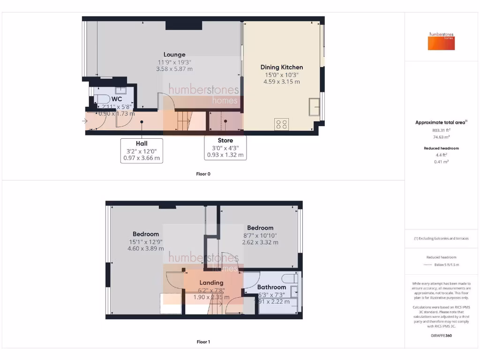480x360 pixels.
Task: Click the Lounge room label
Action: (174, 54)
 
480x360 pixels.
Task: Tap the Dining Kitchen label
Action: (282, 67)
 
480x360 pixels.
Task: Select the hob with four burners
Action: (282, 124)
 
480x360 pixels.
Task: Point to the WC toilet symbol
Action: (102, 99)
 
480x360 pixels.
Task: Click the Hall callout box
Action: (142, 150)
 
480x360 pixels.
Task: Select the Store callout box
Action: (225, 147)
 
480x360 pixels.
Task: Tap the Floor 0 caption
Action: (203, 174)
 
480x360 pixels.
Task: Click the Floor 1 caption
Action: (203, 342)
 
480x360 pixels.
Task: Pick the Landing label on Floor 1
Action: (211, 283)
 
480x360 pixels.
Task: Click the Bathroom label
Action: (271, 287)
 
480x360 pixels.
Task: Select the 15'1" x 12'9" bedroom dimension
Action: (146, 242)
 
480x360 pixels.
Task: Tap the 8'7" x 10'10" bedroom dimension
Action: (260, 235)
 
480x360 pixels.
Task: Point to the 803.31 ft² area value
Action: (441, 130)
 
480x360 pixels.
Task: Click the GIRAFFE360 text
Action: (441, 336)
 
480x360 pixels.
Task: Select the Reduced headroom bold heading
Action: (441, 148)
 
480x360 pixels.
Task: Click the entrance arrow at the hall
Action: (84, 121)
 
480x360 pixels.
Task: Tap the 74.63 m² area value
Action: (441, 137)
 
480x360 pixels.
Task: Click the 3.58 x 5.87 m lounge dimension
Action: (174, 69)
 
